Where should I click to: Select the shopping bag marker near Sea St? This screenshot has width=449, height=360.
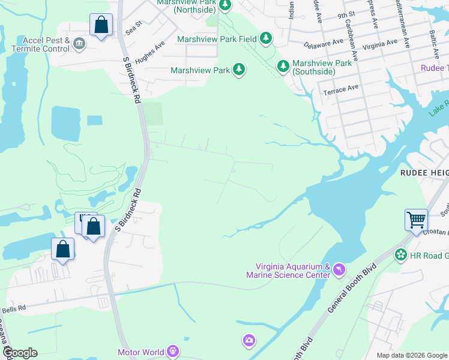point(101,26)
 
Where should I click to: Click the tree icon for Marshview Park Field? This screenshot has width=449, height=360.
point(266,39)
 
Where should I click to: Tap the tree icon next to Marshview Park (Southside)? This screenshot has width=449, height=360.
point(283,66)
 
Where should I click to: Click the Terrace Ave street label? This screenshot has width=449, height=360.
point(340,89)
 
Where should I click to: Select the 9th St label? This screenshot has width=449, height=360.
point(347,16)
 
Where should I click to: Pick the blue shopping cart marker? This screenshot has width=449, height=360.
point(416,220)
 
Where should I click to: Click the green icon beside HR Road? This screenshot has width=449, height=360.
point(400,256)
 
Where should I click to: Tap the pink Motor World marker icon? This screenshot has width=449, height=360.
point(173,351)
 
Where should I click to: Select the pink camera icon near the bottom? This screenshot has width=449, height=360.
point(249,341)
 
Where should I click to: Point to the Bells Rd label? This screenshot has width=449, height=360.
point(13,308)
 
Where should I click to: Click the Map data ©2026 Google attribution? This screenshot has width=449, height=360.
point(412,355)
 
